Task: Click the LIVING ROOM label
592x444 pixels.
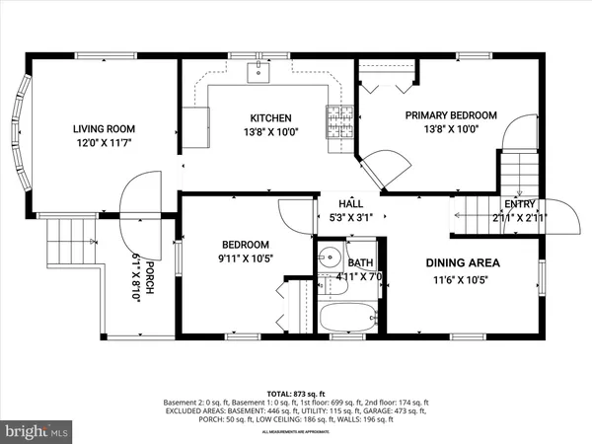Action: point(104,128)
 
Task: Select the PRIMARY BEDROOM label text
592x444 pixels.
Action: point(452,114)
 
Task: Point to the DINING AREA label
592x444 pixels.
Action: point(463,262)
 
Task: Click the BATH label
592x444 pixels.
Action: point(360,262)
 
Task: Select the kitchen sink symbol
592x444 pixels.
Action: point(259,69)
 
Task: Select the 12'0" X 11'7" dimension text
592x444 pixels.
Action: point(104,144)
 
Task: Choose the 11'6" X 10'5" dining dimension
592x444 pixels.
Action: point(463,279)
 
